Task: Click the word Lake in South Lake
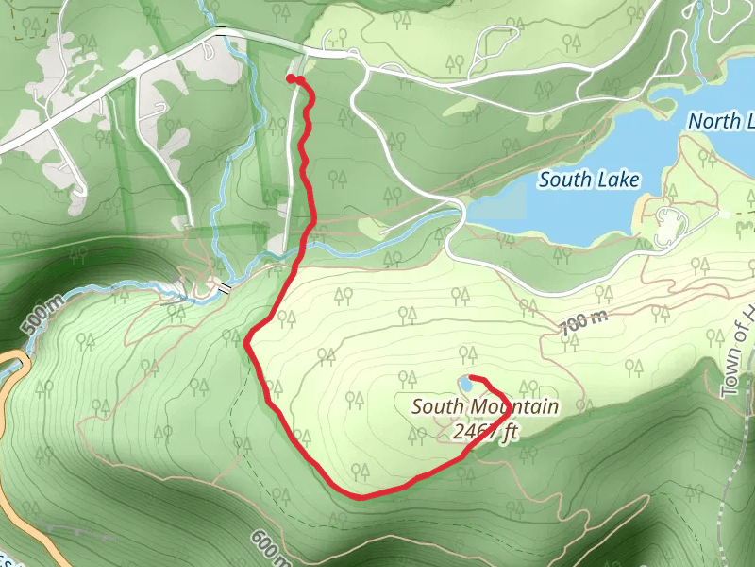click(617, 180)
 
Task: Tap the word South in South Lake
click(564, 180)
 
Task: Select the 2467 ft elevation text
click(486, 432)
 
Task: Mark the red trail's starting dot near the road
click(292, 79)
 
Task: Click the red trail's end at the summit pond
click(471, 378)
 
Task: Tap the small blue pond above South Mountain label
click(463, 383)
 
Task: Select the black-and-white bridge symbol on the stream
click(225, 285)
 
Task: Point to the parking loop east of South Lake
click(671, 227)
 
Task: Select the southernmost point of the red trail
click(361, 495)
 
